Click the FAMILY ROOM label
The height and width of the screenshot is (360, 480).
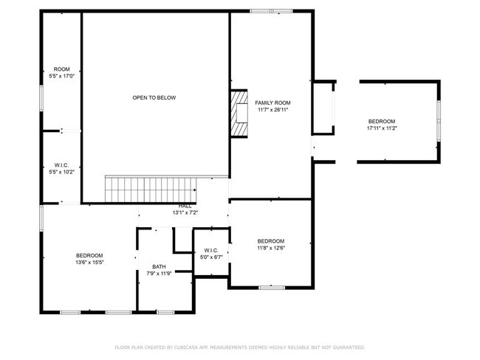coord(272,103)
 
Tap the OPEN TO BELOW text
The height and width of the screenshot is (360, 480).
coord(154,98)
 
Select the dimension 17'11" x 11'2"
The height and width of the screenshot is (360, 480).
coord(382,128)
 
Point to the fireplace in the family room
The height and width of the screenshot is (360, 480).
coord(239,114)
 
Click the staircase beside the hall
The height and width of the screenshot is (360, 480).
coord(151,189)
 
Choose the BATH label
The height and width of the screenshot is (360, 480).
coord(159,267)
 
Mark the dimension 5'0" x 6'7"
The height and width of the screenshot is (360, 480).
coord(211,257)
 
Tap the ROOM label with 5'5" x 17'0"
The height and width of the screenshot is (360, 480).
coord(62,69)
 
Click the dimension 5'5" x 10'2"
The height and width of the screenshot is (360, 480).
coord(61,172)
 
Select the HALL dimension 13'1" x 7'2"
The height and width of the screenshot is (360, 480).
coord(185,212)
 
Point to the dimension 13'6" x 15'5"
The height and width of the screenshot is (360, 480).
coord(89,263)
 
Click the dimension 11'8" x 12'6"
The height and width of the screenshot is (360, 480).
coord(271,248)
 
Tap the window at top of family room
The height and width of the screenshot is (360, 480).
coord(271,11)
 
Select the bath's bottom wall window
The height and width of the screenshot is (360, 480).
coord(165,312)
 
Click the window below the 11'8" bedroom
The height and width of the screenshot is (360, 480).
coord(272,288)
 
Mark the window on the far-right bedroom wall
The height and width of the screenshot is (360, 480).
coord(439,120)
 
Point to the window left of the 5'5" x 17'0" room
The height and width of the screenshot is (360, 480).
coord(41,98)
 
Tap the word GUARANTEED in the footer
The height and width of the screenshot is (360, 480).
coord(349,347)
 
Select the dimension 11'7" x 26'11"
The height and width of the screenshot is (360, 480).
coord(272,110)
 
